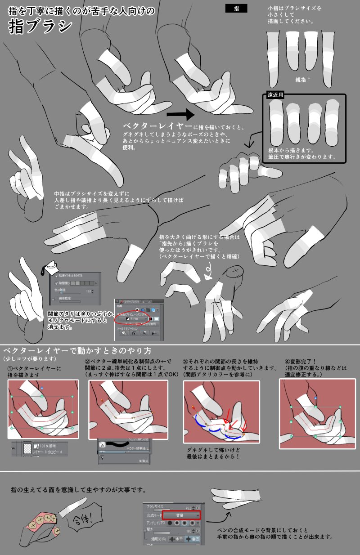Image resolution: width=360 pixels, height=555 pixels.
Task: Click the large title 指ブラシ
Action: (40, 27)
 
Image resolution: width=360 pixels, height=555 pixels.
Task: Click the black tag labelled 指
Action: (238, 9)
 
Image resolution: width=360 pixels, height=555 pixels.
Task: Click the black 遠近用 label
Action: (274, 95)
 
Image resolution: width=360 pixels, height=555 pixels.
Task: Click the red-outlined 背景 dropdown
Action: (182, 515)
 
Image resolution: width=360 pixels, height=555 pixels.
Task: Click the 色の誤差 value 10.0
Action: (89, 291)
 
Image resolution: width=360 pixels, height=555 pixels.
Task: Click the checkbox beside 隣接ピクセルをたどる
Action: (56, 274)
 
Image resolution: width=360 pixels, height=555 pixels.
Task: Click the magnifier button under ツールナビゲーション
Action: (124, 333)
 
